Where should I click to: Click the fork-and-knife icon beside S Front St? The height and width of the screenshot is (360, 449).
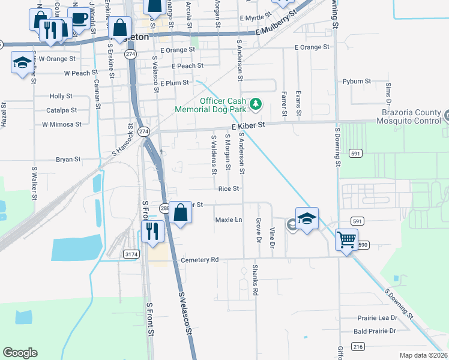[152, 230]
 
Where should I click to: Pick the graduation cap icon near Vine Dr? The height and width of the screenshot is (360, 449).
[307, 218]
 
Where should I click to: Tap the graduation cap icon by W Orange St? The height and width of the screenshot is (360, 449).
[22, 62]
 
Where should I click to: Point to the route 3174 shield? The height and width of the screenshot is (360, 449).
[131, 254]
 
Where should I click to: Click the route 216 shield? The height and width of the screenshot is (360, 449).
[358, 347]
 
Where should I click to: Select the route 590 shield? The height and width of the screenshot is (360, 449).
[363, 245]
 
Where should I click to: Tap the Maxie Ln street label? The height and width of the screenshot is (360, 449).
[228, 220]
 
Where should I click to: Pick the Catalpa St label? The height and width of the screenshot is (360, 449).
[62, 110]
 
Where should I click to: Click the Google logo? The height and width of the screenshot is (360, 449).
[20, 353]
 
